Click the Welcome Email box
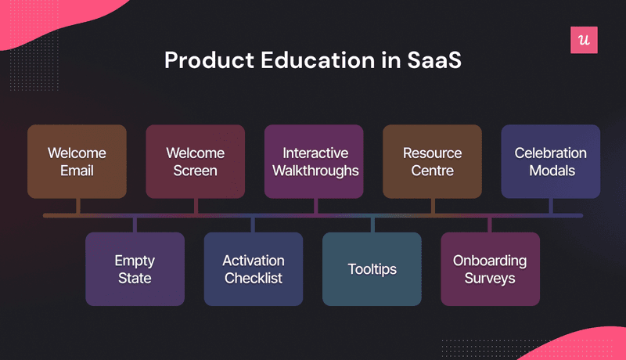coord(77,160)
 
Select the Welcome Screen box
coord(195,160)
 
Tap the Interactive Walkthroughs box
coord(315,160)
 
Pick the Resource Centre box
coord(432,160)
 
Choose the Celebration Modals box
coord(551,160)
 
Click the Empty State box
coord(135,268)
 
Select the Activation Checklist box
coord(253,268)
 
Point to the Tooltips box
coord(372,268)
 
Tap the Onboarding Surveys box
coord(490,268)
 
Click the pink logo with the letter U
coord(584,40)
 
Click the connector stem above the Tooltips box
coord(372,225)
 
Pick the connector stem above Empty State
coord(135,225)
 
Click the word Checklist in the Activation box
coord(253,278)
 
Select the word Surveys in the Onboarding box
coord(490,278)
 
